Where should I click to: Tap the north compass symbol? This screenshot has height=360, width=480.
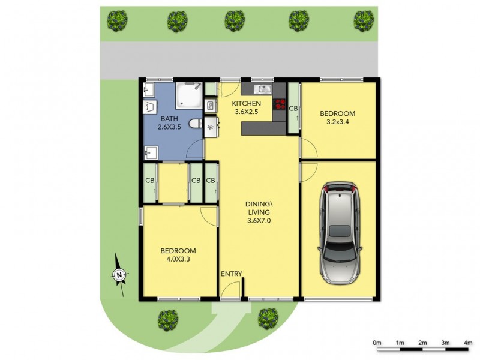(119, 275)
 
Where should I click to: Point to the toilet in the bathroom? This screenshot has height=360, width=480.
(194, 124)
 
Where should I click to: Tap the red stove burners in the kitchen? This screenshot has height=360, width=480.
(280, 106)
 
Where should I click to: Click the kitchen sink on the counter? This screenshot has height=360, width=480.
(263, 90)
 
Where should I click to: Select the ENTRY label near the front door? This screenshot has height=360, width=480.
(231, 274)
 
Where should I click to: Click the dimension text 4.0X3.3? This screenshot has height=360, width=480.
(178, 259)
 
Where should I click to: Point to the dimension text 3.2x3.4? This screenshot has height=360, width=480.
(337, 123)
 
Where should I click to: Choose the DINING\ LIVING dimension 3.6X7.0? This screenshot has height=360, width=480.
(259, 221)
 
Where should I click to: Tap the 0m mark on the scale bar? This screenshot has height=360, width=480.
(377, 343)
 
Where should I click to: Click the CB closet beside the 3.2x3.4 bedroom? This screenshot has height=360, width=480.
(293, 109)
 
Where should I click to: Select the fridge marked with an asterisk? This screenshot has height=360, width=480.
(210, 127)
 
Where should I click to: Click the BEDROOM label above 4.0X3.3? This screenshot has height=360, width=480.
(178, 250)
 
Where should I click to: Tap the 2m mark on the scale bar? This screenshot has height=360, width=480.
(423, 343)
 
